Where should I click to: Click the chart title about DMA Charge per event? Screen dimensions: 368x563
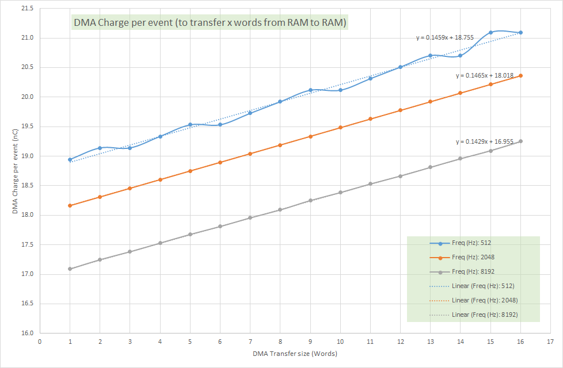pyautogui.click(x=210, y=24)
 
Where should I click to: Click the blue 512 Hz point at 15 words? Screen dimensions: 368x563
pyautogui.click(x=490, y=32)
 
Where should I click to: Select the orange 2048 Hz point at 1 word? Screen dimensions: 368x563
pyautogui.click(x=70, y=205)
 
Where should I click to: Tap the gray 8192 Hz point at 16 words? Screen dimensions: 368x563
pyautogui.click(x=520, y=141)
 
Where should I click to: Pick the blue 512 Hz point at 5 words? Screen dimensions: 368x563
pyautogui.click(x=190, y=124)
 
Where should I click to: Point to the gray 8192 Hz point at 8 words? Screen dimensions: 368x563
pyautogui.click(x=280, y=209)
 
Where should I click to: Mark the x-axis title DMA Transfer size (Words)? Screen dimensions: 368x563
pyautogui.click(x=295, y=354)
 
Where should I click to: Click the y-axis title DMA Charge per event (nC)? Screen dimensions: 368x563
pyautogui.click(x=14, y=171)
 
